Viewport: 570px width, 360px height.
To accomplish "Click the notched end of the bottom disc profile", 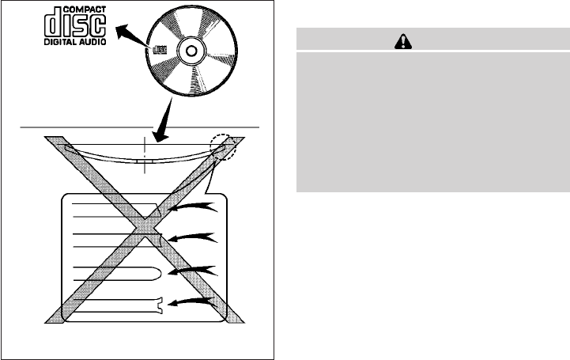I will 162,304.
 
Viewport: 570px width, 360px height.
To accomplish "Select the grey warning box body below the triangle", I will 432,123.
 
